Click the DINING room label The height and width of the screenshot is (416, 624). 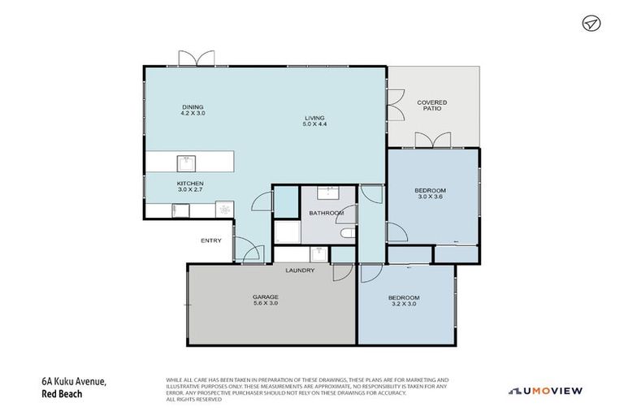193,106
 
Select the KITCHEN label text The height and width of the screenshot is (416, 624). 190,184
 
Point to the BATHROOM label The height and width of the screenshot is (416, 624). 326,213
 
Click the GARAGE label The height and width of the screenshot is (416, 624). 265,297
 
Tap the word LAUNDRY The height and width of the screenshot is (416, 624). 299,271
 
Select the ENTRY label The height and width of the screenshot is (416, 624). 210,240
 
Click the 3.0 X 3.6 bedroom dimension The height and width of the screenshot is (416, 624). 431,197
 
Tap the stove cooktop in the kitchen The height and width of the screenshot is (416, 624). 223,210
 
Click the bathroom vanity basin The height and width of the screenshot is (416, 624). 331,193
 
